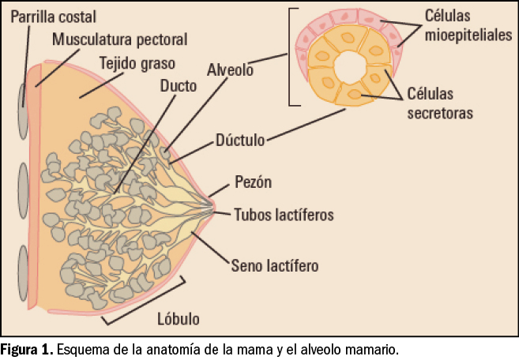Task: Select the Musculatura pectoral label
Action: [x=121, y=39]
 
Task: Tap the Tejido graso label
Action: [x=137, y=62]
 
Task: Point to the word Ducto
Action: [x=178, y=85]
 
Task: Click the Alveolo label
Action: [x=230, y=69]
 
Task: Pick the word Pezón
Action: [x=254, y=182]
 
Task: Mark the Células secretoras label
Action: [x=441, y=103]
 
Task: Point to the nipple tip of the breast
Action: [x=214, y=208]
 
